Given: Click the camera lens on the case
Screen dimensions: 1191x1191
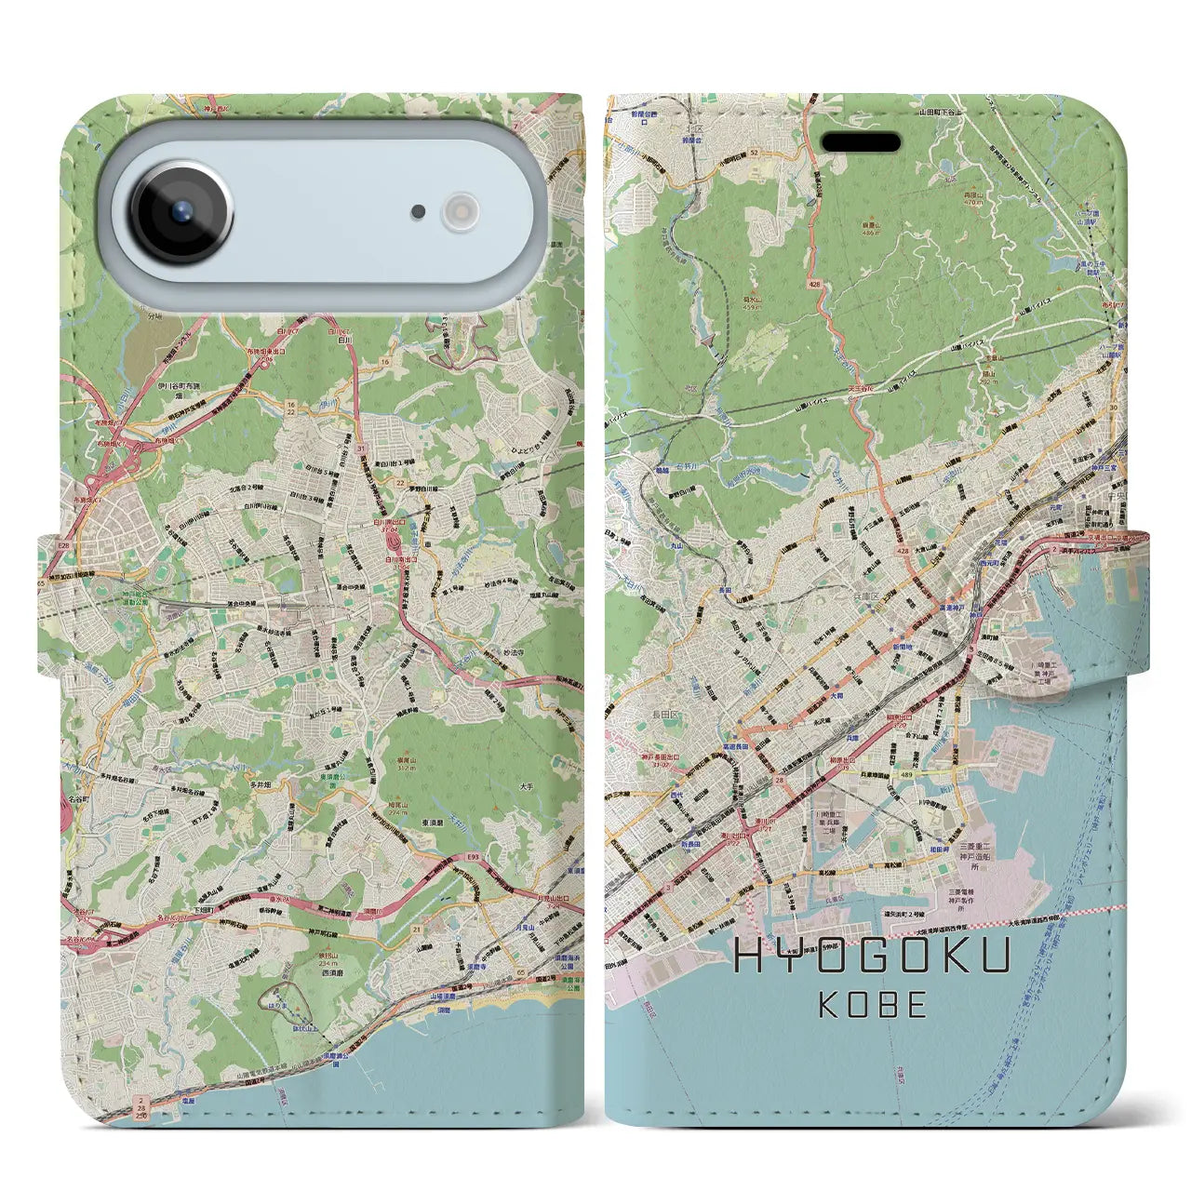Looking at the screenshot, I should tap(181, 212).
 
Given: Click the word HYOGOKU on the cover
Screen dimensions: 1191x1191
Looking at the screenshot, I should tap(872, 957).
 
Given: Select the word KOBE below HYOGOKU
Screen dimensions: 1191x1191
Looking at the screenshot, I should tap(873, 1005).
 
